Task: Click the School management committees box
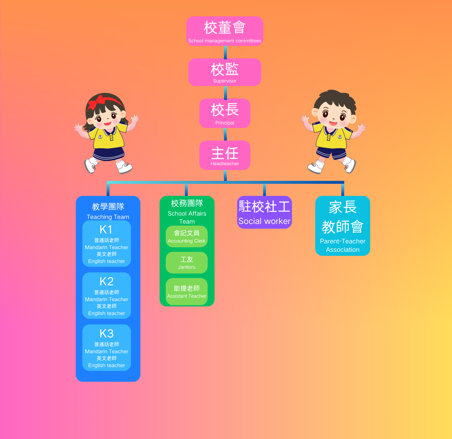click(x=224, y=31)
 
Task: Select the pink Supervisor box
click(x=224, y=72)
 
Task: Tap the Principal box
click(x=224, y=113)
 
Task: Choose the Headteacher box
click(x=224, y=155)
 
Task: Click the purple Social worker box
click(x=264, y=212)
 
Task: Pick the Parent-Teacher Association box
click(x=342, y=226)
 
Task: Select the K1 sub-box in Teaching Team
click(x=107, y=243)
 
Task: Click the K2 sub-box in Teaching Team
click(x=107, y=296)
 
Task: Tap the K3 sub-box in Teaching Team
click(x=107, y=348)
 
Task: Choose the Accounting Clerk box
click(x=186, y=237)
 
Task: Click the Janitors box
click(x=186, y=263)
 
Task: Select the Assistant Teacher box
click(x=186, y=292)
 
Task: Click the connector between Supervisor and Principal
click(x=225, y=92)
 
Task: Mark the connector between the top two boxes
click(x=225, y=52)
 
